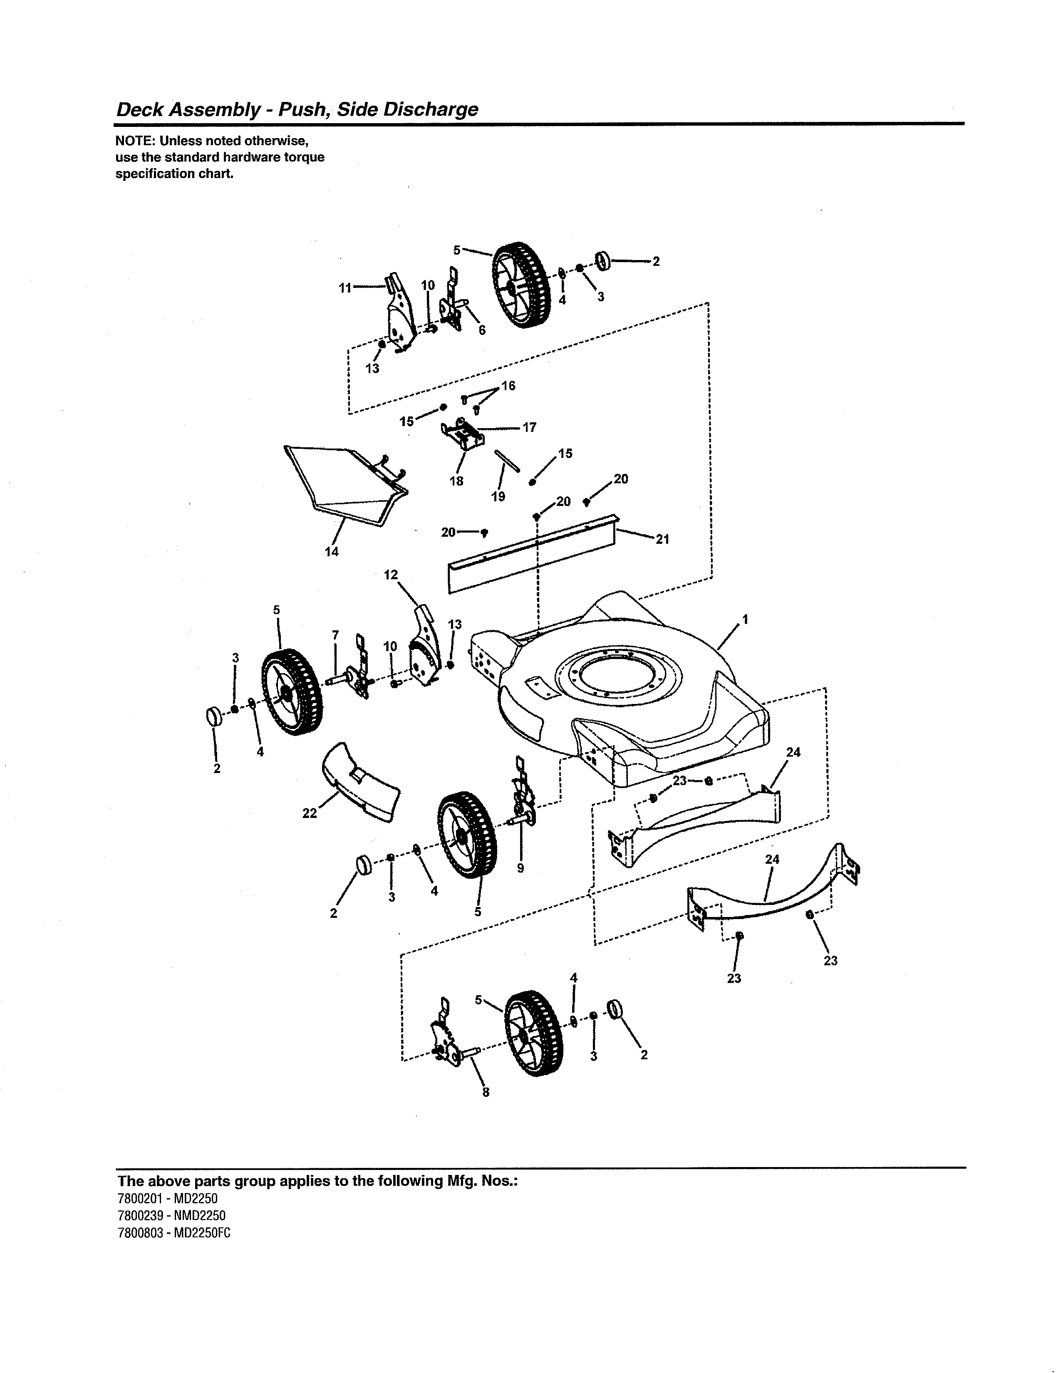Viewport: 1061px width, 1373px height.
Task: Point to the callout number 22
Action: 309,813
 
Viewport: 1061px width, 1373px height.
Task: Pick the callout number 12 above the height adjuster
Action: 391,575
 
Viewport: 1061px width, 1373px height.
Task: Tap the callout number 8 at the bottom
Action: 485,1092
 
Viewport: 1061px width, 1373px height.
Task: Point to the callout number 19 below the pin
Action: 498,497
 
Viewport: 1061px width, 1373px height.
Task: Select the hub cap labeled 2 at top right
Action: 603,260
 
